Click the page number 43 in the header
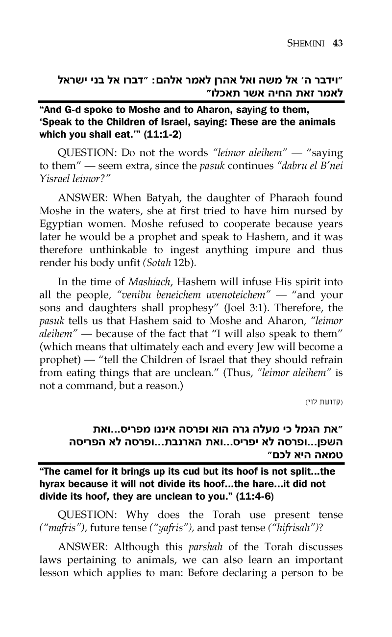point(337,43)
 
